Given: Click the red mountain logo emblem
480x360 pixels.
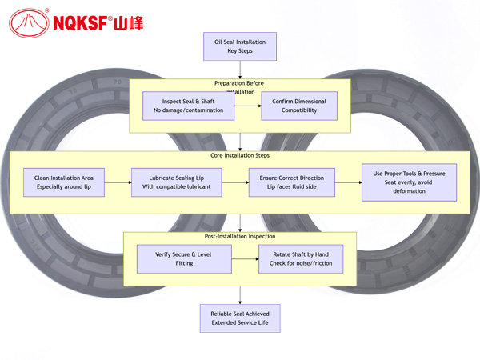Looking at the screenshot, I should coord(29,22).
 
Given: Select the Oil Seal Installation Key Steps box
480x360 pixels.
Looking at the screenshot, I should coord(240,46).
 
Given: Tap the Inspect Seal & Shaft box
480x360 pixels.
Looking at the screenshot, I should coord(189,106).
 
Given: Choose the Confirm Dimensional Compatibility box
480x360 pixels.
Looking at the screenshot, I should coord(299,106).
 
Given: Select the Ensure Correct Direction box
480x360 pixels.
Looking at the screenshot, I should coord(292,182).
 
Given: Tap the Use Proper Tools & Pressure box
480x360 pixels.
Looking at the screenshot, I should coord(409,182).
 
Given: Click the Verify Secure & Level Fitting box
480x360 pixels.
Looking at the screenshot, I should coord(184,258).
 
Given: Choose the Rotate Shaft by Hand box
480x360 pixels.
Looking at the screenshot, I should coord(299,258).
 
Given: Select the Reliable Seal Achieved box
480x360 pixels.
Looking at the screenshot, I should coord(240,318).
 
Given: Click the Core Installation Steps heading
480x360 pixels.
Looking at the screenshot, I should coord(240,155).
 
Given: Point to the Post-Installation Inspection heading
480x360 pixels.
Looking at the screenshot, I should coord(240,236).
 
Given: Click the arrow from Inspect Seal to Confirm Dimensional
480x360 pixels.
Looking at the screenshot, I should coord(248,106).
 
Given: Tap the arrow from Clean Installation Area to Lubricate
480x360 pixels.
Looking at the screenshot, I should coord(118,182).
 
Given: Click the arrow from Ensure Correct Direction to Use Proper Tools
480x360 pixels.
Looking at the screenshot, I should coord(349,182).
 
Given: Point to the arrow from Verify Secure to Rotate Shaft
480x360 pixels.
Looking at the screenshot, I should coord(245,258).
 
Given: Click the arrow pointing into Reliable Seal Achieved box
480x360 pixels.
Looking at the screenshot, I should coord(240,296).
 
